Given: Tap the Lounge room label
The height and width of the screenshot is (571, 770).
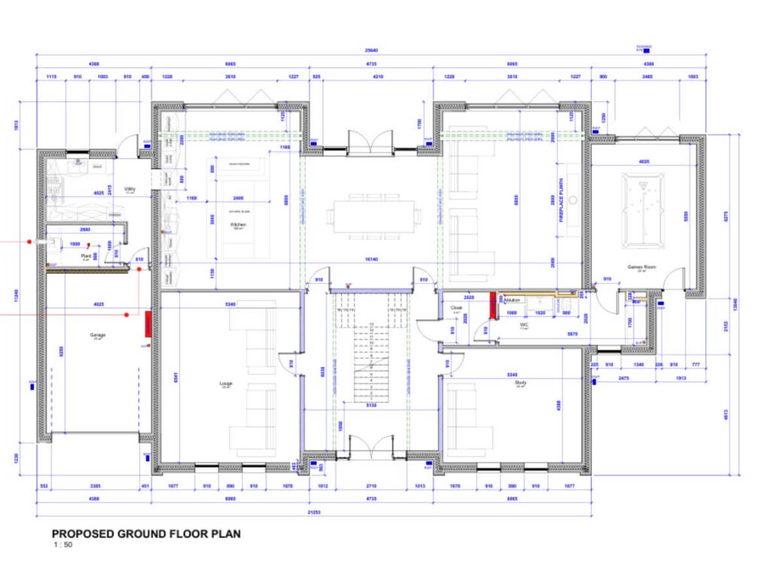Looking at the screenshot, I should [x=226, y=384].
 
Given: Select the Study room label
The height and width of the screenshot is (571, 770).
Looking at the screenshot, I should [x=520, y=383].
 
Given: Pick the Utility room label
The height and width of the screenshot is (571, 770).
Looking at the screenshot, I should [x=129, y=190].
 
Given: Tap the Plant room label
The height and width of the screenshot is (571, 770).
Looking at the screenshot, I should [x=86, y=257].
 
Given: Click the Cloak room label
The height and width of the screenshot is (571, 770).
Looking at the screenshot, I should [x=456, y=308].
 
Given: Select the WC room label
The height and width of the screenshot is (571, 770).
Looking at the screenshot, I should [x=524, y=326].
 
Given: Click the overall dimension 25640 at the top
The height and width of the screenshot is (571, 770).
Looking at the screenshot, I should [x=373, y=50].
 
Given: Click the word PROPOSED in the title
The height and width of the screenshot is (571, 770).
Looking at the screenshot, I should [x=83, y=534].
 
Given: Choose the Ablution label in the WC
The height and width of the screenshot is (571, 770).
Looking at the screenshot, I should [x=513, y=300].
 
